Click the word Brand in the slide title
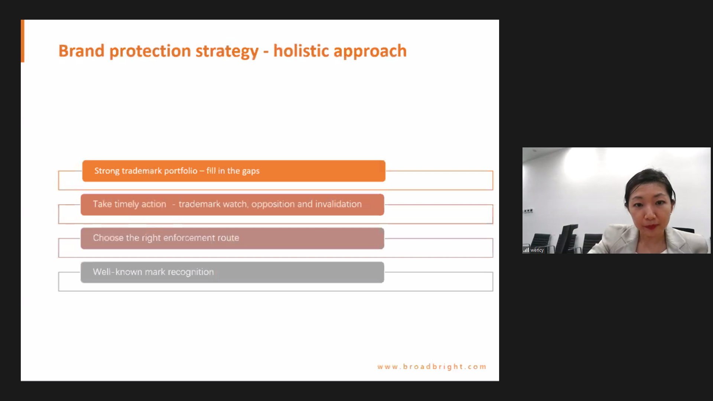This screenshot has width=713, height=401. pos(81,51)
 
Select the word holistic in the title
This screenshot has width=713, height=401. pos(301,50)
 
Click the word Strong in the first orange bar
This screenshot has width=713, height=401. pos(107,171)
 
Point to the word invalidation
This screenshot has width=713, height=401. pos(338,204)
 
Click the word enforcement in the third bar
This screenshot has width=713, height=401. pos(189,238)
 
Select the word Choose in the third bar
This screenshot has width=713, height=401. pos(108,238)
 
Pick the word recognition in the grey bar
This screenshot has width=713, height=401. pos(191,272)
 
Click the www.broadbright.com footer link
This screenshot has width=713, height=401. pos(432,367)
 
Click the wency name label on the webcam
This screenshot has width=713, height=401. pos(537,250)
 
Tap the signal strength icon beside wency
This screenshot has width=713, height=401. pos(526,250)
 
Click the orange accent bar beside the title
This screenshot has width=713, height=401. pos(23,41)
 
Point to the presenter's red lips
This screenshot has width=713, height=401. pos(651,226)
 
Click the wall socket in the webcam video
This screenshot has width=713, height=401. pos(528,211)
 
